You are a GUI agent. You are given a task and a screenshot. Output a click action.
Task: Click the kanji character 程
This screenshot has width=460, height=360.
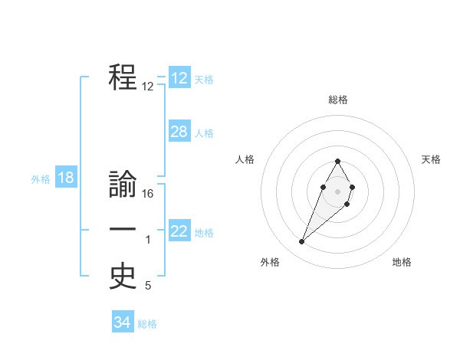[x=123, y=77]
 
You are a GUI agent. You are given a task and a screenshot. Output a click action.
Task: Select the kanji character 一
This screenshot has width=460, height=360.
[x=123, y=230]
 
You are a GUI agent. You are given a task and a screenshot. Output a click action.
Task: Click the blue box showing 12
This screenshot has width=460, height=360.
[x=179, y=78]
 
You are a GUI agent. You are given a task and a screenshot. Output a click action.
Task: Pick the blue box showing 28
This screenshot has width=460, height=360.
[x=179, y=132]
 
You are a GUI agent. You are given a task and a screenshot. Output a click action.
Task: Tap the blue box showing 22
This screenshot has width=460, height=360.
[x=179, y=231]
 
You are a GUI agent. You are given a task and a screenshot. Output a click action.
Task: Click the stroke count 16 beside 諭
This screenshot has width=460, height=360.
[x=148, y=195]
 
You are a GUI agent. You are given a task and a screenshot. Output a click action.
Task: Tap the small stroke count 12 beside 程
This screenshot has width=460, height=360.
[x=148, y=87]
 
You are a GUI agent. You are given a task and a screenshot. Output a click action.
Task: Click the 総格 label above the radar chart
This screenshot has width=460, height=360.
[x=338, y=100]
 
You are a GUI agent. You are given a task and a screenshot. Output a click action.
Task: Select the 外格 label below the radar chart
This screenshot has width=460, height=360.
[x=270, y=262]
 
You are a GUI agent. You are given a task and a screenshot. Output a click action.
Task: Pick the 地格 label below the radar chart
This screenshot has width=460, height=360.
[x=402, y=262]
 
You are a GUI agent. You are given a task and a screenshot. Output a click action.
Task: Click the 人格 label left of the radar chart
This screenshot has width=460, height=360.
[x=245, y=159]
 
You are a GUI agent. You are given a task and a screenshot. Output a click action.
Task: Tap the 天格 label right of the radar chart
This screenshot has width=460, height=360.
[x=432, y=159]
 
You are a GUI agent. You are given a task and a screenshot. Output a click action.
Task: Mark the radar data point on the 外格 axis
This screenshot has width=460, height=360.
[x=301, y=242]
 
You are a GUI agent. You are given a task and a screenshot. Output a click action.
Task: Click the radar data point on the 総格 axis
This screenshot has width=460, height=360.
[x=338, y=162]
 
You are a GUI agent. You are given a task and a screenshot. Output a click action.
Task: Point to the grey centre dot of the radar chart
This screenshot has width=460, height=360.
[x=338, y=191]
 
